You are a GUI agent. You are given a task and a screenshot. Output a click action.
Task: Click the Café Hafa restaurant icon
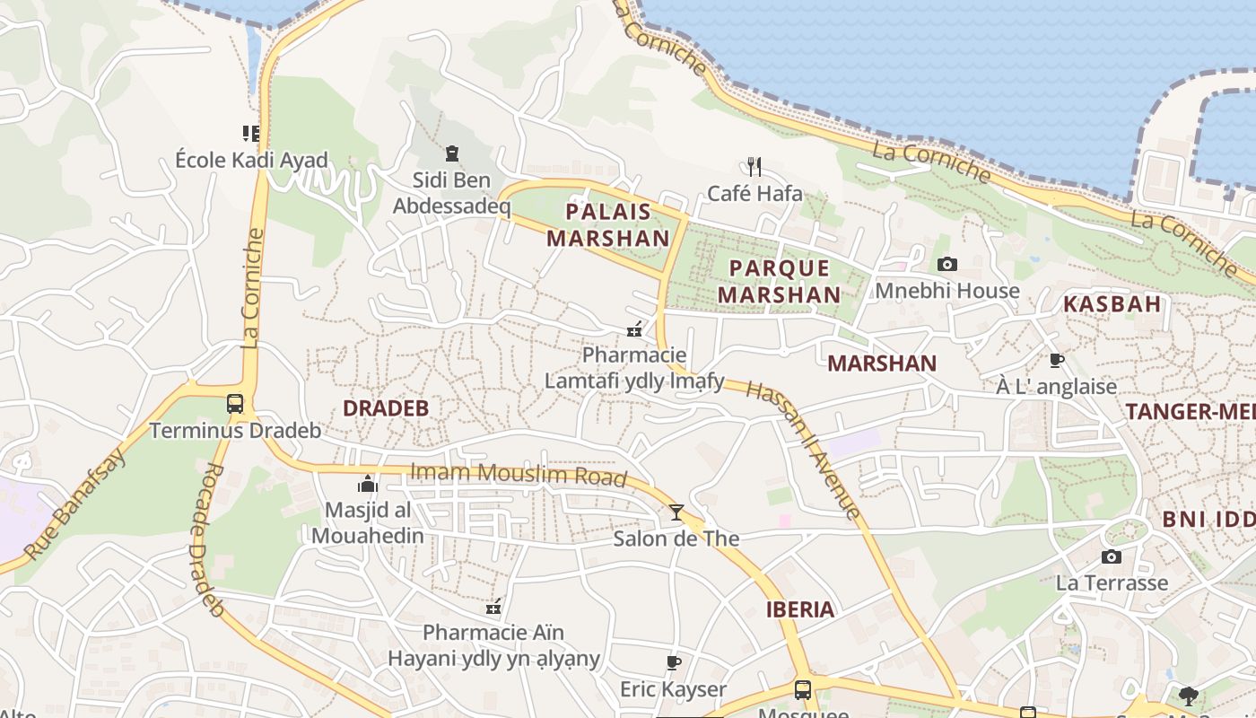tap(754, 166)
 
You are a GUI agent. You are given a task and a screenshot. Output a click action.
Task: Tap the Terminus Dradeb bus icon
tap(235, 403)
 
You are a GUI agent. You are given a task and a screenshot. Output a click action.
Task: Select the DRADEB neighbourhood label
tap(386, 408)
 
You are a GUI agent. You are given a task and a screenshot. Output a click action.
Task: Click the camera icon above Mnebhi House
tap(946, 264)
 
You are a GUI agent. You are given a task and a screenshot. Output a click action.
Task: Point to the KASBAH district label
tap(1112, 303)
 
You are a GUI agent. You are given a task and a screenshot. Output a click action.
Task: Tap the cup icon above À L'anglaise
tap(1057, 360)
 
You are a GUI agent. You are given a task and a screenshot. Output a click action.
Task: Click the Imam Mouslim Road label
tap(518, 474)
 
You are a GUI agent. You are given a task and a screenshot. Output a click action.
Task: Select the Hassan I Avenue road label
tap(803, 449)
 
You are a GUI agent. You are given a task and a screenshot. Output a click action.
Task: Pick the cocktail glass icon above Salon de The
tap(676, 512)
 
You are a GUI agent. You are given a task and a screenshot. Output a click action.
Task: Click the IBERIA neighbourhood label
tap(800, 609)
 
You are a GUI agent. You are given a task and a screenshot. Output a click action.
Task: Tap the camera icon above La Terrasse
tap(1112, 556)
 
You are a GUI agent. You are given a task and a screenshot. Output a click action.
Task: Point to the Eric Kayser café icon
tap(674, 662)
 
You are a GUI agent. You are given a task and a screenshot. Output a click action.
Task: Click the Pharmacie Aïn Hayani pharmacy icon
tap(493, 607)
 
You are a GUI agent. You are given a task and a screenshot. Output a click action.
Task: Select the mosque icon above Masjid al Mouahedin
tap(368, 484)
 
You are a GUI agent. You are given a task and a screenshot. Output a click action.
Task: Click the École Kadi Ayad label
tap(252, 161)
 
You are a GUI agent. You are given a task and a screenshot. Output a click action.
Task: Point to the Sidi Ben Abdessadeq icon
tap(451, 153)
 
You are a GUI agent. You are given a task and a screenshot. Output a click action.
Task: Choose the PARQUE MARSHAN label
tap(779, 281)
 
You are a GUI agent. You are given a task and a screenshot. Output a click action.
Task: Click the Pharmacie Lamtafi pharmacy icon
tap(634, 329)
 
